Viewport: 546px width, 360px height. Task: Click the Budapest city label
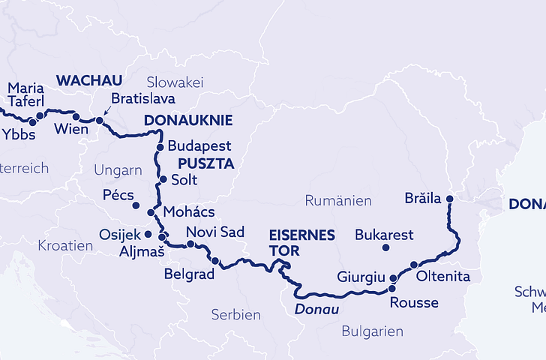coord(199,145)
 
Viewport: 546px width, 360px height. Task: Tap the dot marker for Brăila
coord(450,199)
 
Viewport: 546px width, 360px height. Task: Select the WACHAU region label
coord(89,80)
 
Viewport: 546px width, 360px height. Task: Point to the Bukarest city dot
coord(385,247)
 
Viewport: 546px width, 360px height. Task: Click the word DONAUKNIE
coord(187,120)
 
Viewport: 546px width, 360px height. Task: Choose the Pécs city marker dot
coord(136,205)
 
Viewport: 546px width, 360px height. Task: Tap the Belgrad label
coord(189,274)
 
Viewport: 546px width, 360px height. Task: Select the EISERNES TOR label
coord(301,243)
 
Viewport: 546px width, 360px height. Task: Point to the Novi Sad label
coord(214,232)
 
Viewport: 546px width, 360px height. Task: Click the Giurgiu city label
coord(361,277)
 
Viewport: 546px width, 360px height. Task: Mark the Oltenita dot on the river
coord(413,265)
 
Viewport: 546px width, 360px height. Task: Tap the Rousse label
coord(414,303)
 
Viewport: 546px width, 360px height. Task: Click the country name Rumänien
coord(338,200)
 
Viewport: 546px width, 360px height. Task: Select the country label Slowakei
coord(175,82)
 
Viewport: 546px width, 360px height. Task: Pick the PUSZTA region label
coord(205,163)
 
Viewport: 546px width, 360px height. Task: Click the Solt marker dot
coord(163,180)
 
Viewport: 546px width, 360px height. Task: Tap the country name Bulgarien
coord(372,331)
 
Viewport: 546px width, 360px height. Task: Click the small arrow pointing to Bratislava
coord(106,111)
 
